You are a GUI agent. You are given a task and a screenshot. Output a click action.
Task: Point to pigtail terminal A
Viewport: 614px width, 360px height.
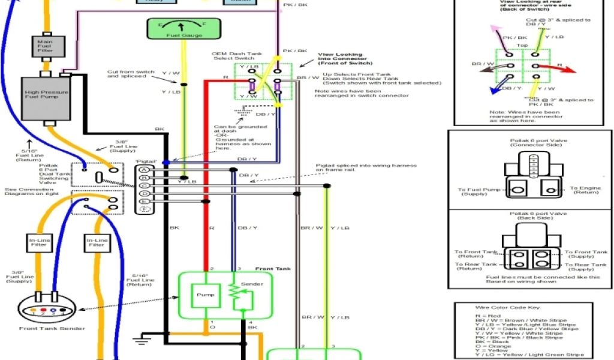coord(143,169)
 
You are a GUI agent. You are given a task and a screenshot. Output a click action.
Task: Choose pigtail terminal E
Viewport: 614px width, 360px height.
coord(143,201)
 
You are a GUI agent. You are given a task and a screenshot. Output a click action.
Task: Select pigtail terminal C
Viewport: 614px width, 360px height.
coord(143,185)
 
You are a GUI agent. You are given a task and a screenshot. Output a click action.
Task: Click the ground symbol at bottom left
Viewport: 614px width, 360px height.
coord(140,341)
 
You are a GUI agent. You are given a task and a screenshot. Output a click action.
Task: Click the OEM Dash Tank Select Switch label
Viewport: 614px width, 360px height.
coord(236,56)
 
